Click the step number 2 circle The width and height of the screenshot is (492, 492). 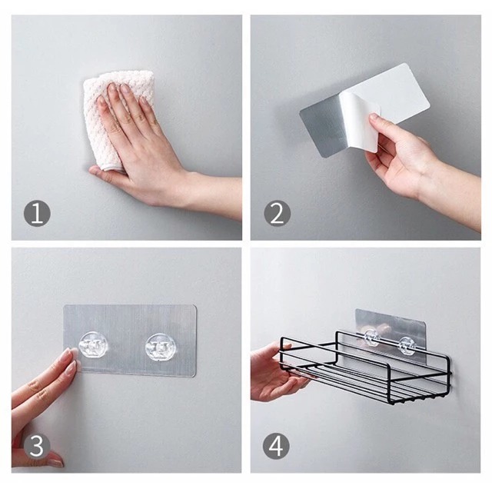[278, 213]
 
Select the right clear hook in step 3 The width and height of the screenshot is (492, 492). [159, 347]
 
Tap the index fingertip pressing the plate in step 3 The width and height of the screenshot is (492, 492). [71, 354]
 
